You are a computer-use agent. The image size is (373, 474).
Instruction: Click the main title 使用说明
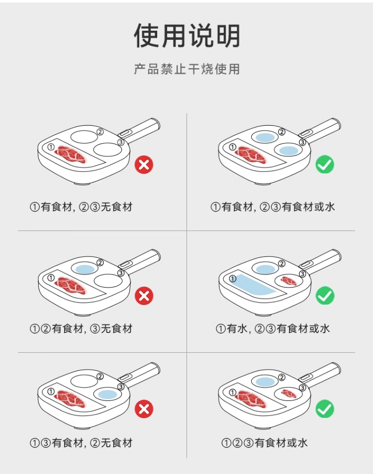(187, 36)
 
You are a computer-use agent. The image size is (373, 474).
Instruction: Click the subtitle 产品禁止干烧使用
(186, 69)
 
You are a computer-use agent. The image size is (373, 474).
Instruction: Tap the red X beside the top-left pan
(144, 164)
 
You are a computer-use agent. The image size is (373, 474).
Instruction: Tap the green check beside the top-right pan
(325, 164)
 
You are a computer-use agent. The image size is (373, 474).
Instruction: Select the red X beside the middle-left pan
(144, 295)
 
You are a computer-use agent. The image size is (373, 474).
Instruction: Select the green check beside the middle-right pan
(325, 295)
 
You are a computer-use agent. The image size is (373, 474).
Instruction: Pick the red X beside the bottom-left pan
(144, 409)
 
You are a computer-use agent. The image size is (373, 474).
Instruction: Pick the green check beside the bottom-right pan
(325, 409)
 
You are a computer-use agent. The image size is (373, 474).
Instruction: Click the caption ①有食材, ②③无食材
(81, 207)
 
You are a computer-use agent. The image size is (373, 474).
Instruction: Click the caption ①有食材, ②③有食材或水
(273, 207)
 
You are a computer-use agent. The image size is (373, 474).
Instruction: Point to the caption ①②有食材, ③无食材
(81, 328)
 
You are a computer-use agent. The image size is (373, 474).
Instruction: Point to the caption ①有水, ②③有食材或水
(273, 328)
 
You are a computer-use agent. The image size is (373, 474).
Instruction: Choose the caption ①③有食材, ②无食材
(81, 443)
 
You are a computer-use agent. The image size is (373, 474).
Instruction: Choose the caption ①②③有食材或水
(265, 443)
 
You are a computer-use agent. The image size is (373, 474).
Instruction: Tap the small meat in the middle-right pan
(289, 281)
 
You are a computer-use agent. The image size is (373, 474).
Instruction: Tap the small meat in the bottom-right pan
(289, 394)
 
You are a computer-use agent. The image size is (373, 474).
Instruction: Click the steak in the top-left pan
(71, 155)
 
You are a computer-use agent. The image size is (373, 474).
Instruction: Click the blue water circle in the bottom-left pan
(107, 394)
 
